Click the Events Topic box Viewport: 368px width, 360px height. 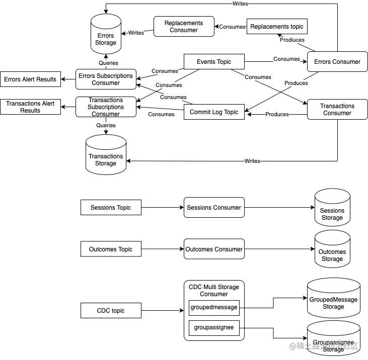pyautogui.click(x=214, y=62)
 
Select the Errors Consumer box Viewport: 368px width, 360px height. pyautogui.click(x=337, y=62)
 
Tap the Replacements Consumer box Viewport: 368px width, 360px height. pyautogui.click(x=184, y=26)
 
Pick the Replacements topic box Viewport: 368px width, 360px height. pyautogui.click(x=276, y=26)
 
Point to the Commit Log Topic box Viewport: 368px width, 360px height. pyautogui.click(x=214, y=112)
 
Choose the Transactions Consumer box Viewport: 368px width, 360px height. pyautogui.click(x=337, y=110)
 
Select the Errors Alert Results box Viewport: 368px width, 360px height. pyautogui.click(x=30, y=79)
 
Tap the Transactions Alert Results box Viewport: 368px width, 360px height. pyautogui.click(x=30, y=107)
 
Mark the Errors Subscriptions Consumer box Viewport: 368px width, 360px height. pyautogui.click(x=106, y=79)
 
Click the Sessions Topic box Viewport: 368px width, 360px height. pyautogui.click(x=111, y=208)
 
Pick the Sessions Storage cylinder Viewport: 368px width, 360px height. pyautogui.click(x=332, y=211)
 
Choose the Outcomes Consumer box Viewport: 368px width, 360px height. pyautogui.click(x=214, y=249)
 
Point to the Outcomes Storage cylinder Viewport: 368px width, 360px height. pyautogui.click(x=332, y=252)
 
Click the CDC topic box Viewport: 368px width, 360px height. pyautogui.click(x=111, y=311)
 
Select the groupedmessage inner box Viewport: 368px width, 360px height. pyautogui.click(x=214, y=307)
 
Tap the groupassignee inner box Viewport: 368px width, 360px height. pyautogui.click(x=214, y=328)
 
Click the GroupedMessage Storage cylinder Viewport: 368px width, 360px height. pyautogui.click(x=333, y=301)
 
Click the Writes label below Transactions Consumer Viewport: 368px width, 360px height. pyautogui.click(x=252, y=161)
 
